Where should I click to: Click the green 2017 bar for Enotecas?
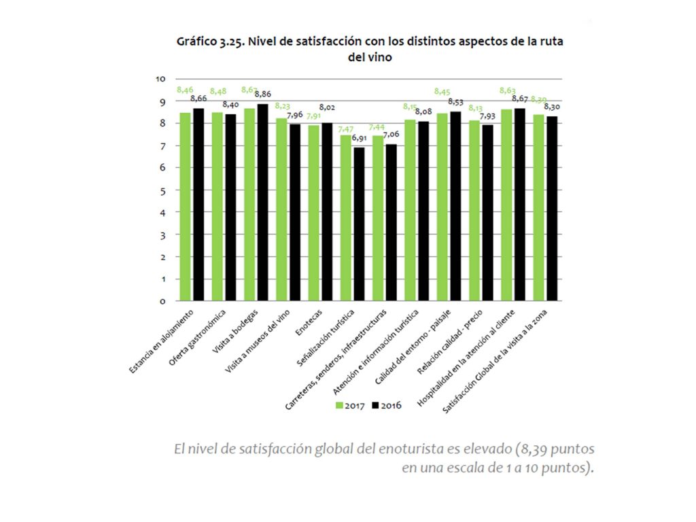click(x=314, y=212)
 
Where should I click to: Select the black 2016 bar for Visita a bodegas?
click(x=262, y=202)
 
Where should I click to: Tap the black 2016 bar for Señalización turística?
click(x=359, y=224)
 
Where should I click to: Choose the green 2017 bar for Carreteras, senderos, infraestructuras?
click(x=378, y=217)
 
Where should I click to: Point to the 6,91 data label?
click(x=360, y=138)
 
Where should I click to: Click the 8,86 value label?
click(x=262, y=94)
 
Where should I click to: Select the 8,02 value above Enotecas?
click(x=327, y=107)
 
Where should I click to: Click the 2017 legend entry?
click(x=350, y=406)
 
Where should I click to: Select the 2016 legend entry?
click(x=387, y=406)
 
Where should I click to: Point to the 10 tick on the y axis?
click(x=161, y=79)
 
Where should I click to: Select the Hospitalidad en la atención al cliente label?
click(x=469, y=358)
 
